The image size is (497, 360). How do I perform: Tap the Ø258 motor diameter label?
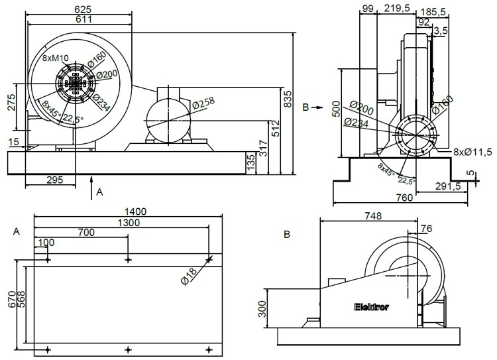pyautogui.click(x=203, y=105)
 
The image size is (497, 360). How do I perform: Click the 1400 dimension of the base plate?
pyautogui.click(x=129, y=211)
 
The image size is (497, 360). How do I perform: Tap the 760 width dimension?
pyautogui.click(x=404, y=197)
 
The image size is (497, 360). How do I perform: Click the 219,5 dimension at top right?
pyautogui.click(x=396, y=8)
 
